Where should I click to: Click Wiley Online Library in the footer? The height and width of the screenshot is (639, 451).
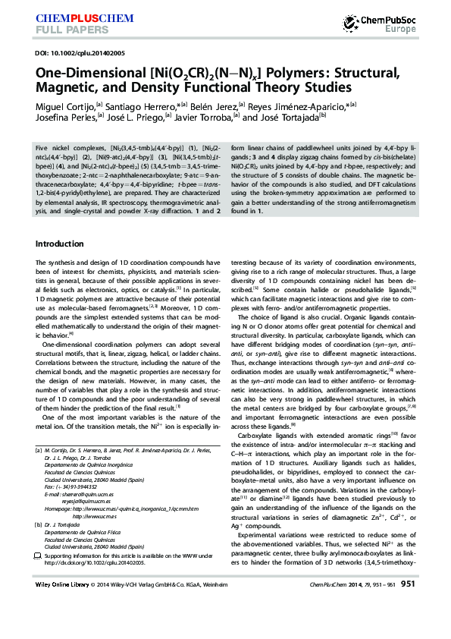tap(62, 606)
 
